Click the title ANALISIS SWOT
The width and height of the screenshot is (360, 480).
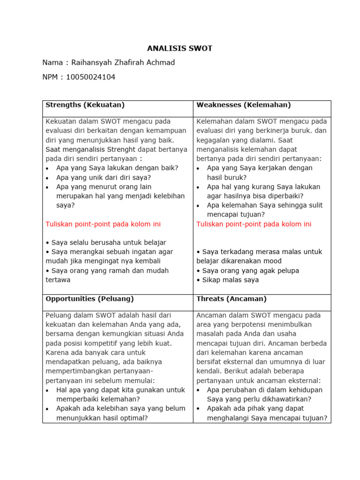coord(180,48)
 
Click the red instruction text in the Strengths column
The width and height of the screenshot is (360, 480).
coord(103,224)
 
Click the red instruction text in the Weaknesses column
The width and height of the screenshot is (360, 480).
coord(254,224)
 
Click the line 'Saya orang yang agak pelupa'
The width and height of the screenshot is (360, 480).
coord(247,270)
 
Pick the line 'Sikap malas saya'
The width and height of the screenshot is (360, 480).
coord(228,280)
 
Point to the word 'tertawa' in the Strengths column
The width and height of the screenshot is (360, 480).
coord(58,280)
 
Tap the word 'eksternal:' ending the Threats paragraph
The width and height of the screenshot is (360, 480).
coord(305,380)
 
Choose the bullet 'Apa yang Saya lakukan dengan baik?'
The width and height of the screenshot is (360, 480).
coord(117,168)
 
